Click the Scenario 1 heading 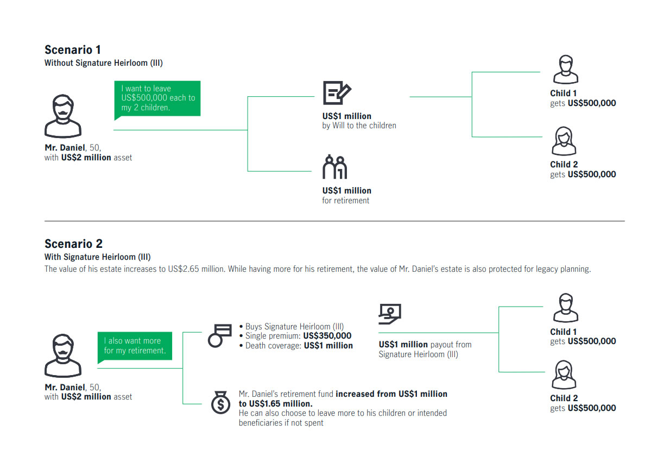[x=73, y=49]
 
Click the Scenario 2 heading [x=74, y=244]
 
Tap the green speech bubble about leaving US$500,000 [x=157, y=99]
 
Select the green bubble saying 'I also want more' [x=135, y=347]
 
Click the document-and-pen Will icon [x=337, y=93]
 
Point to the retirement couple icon [x=334, y=167]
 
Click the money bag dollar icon [x=221, y=403]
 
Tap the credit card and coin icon [x=220, y=336]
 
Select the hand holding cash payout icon [x=390, y=314]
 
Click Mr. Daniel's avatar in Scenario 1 [x=63, y=116]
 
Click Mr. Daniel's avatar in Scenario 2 [x=63, y=355]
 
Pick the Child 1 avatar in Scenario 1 [x=565, y=70]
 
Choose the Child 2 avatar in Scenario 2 [x=564, y=375]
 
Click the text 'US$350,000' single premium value [x=327, y=336]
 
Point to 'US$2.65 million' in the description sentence [x=196, y=269]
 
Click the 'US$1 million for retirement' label [x=346, y=195]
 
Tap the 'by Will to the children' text [x=359, y=126]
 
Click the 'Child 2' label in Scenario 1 [x=564, y=164]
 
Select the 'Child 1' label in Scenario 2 [x=563, y=332]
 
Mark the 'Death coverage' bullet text [x=296, y=346]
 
